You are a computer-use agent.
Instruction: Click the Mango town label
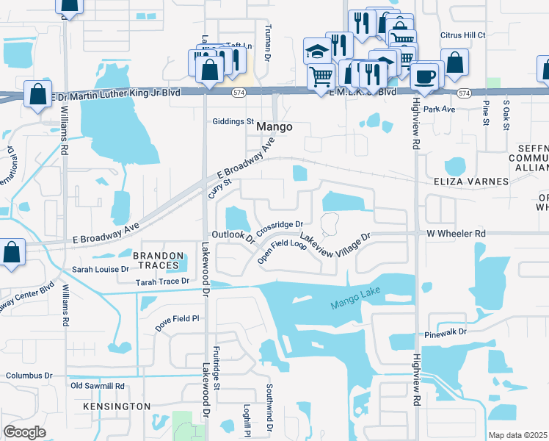[x=274, y=127]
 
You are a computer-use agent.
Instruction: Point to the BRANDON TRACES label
[x=156, y=259]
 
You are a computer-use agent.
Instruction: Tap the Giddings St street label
[x=232, y=121]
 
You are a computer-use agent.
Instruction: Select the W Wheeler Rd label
[x=457, y=234]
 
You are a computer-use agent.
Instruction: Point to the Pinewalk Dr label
[x=445, y=333]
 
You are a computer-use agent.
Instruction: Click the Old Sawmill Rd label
[x=97, y=385]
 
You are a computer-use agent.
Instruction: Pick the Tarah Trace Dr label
[x=161, y=282]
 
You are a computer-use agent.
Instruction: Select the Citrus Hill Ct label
[x=462, y=35]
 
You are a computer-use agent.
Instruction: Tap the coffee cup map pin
[x=425, y=75]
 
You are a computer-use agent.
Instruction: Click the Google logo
[x=25, y=431]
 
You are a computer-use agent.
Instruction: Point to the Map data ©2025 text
[x=518, y=435]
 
